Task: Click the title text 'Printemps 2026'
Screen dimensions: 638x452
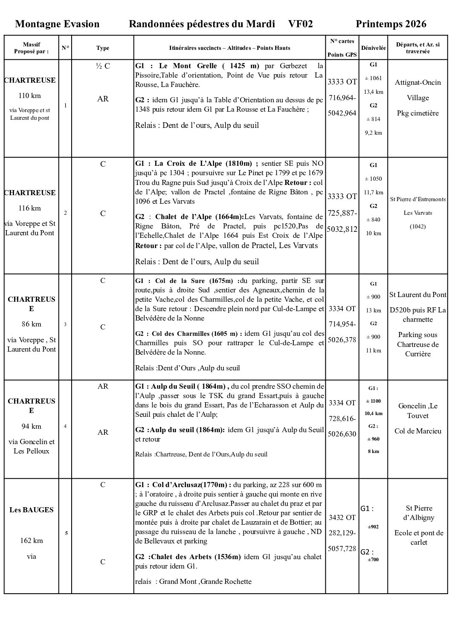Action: pyautogui.click(x=391, y=24)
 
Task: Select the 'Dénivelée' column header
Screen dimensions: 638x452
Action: pyautogui.click(x=374, y=48)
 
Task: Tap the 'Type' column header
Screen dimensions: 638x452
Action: pyautogui.click(x=103, y=48)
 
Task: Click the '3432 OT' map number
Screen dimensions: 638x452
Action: pyautogui.click(x=342, y=517)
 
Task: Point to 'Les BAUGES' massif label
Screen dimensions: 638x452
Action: pyautogui.click(x=32, y=510)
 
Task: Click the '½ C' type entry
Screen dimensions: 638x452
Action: pyautogui.click(x=103, y=66)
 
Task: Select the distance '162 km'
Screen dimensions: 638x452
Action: pyautogui.click(x=32, y=540)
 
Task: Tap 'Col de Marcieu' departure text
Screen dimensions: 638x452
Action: pyautogui.click(x=418, y=431)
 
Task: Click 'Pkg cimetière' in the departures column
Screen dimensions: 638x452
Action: pyautogui.click(x=418, y=113)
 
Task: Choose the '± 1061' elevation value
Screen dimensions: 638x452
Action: pyautogui.click(x=374, y=78)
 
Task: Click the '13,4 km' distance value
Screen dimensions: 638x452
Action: pyautogui.click(x=374, y=92)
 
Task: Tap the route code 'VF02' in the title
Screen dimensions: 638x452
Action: pyautogui.click(x=300, y=24)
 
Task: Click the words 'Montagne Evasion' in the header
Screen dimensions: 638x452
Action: pyautogui.click(x=57, y=24)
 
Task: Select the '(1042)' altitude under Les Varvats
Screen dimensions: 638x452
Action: pyautogui.click(x=418, y=226)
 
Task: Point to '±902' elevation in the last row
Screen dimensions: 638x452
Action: pyautogui.click(x=374, y=527)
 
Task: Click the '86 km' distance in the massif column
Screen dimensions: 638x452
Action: pyautogui.click(x=32, y=324)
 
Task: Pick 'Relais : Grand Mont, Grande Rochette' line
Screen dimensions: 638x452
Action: pyautogui.click(x=193, y=581)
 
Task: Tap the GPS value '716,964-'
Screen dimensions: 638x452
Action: pyautogui.click(x=342, y=98)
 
